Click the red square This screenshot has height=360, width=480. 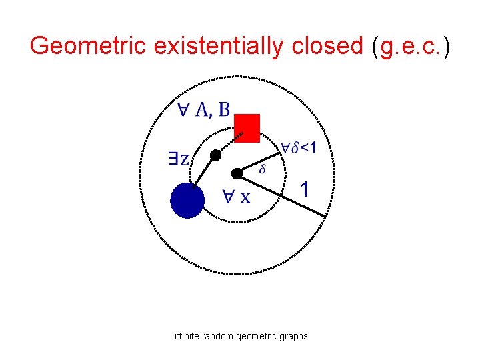[247, 128]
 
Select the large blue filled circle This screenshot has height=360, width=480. [187, 201]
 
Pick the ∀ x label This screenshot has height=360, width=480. [237, 197]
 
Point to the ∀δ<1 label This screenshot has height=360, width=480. [298, 148]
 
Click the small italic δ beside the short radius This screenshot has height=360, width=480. [262, 169]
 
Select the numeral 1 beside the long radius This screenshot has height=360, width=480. [303, 190]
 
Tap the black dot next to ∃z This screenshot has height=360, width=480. [215, 155]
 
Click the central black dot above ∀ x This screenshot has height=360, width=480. [237, 173]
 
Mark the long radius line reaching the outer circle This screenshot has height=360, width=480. [283, 195]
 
